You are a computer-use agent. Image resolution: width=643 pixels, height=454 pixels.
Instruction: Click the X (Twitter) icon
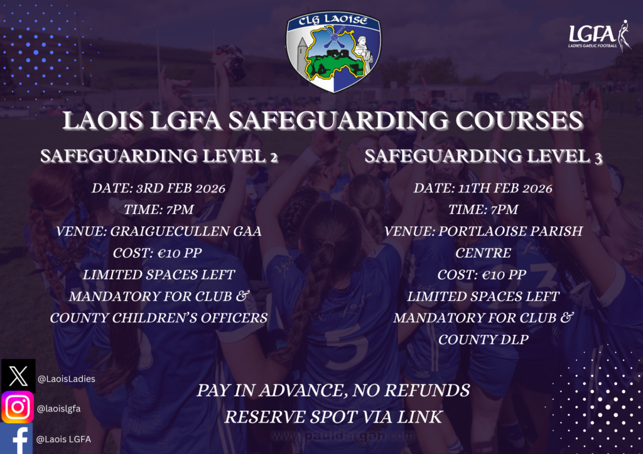click(18, 376)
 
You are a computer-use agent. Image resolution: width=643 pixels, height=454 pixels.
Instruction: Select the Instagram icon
click(18, 408)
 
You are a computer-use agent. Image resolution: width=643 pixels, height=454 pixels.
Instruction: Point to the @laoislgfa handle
click(58, 409)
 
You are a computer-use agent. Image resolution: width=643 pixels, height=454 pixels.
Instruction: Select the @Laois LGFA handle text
click(63, 440)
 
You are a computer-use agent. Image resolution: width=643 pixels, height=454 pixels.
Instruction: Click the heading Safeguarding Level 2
click(159, 157)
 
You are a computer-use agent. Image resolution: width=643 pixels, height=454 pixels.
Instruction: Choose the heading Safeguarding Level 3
click(484, 157)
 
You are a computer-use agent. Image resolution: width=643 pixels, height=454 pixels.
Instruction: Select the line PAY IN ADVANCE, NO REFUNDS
click(333, 391)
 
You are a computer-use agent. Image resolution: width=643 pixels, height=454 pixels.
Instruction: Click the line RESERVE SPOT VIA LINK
click(333, 416)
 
